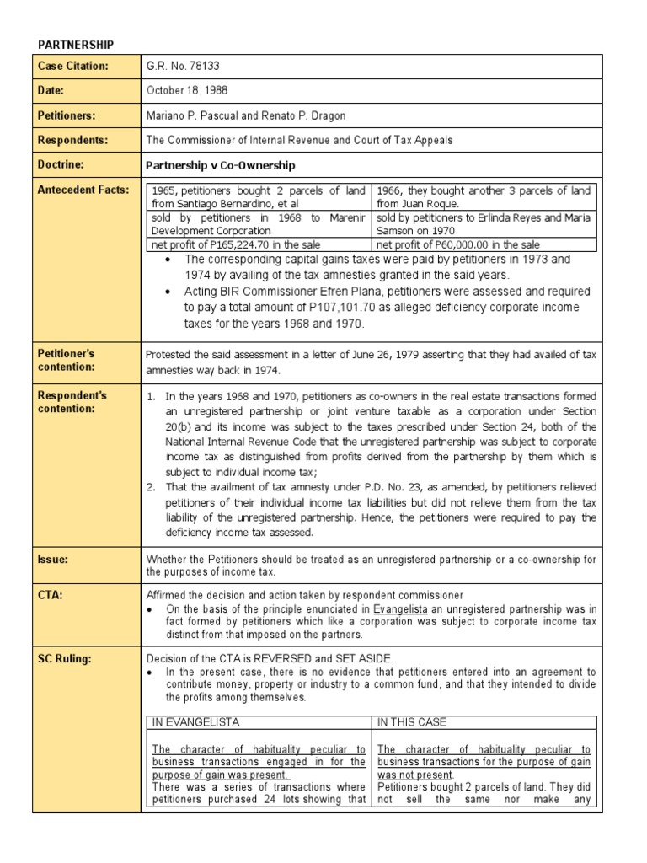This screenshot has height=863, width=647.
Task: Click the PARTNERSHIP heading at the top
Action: pyautogui.click(x=77, y=44)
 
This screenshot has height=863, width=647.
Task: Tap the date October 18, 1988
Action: pyautogui.click(x=187, y=90)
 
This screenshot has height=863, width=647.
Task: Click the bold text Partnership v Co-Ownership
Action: pyautogui.click(x=221, y=165)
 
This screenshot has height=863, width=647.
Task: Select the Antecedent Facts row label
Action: pyautogui.click(x=83, y=190)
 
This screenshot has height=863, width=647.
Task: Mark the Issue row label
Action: pyautogui.click(x=52, y=559)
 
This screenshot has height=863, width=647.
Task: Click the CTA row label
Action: pyautogui.click(x=50, y=595)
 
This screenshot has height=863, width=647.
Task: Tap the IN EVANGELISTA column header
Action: pyautogui.click(x=195, y=722)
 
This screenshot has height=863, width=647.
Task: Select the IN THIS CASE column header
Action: pyautogui.click(x=412, y=722)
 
